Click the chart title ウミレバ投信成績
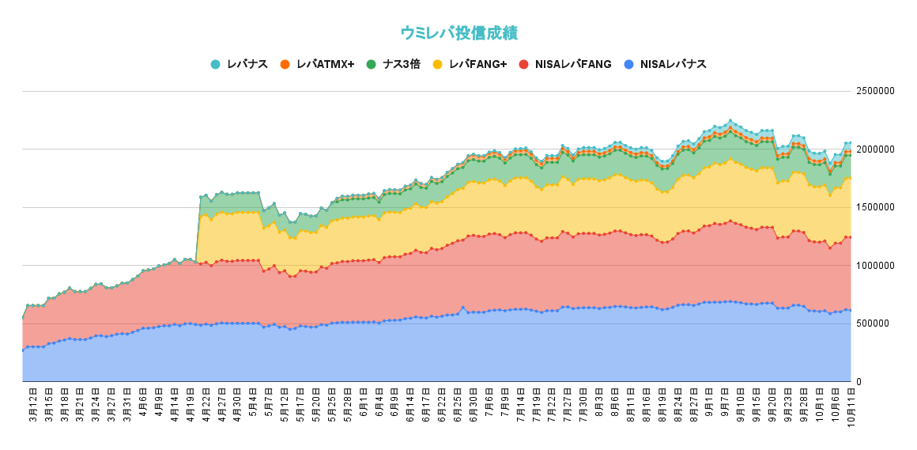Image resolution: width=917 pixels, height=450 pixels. pos(458,33)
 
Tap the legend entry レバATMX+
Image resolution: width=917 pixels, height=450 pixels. pos(325,64)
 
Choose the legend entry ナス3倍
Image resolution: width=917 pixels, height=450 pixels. pos(401,64)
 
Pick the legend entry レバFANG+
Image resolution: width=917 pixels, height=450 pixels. pos(477,64)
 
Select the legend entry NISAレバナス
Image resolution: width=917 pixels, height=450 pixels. pos(673,64)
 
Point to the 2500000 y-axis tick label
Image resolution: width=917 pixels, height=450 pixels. pos(876,91)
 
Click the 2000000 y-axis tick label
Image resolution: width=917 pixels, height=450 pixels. pos(876,149)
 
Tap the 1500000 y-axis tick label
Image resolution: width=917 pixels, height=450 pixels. pos(876,207)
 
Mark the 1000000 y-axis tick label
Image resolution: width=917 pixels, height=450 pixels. pos(876,266)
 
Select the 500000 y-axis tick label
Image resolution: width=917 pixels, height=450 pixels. pos(874,323)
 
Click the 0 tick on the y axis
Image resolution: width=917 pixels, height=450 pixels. pos(859,382)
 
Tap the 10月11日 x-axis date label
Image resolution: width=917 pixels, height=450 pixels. pos(850,407)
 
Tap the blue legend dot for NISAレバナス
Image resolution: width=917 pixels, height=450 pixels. pos(628,64)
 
